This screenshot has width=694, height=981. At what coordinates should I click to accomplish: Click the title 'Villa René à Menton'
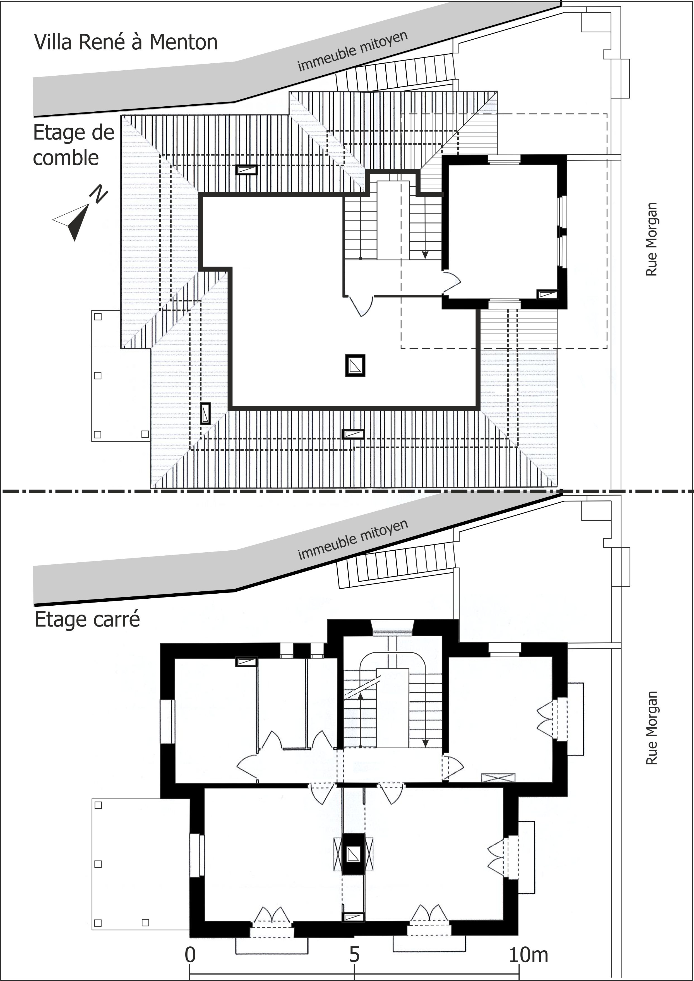pyautogui.click(x=126, y=43)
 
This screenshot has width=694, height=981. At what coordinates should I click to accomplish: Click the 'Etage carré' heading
pyautogui.click(x=87, y=620)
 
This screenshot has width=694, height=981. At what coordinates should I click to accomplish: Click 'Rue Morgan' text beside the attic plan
pyautogui.click(x=651, y=239)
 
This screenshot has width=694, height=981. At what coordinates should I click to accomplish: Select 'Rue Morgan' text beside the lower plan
pyautogui.click(x=651, y=728)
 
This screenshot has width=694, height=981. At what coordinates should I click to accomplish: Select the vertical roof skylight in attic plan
pyautogui.click(x=206, y=414)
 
